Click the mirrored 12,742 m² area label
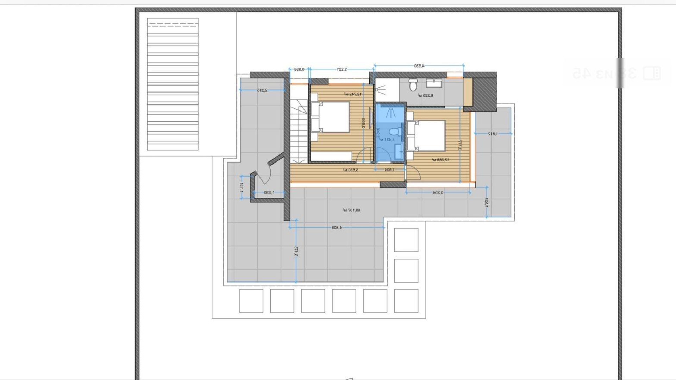(x=353, y=94)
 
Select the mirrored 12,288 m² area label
(x=440, y=160)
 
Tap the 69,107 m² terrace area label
(x=351, y=210)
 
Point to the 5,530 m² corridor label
(x=351, y=170)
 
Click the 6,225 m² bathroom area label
(x=425, y=95)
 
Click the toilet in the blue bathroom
(x=395, y=132)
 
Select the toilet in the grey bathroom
(x=413, y=85)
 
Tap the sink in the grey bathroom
(x=434, y=83)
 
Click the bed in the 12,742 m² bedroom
(x=330, y=117)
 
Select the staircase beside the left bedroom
(x=299, y=130)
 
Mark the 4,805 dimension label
(x=337, y=228)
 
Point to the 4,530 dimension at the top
(x=419, y=66)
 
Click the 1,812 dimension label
(x=493, y=134)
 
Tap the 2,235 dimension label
(x=262, y=90)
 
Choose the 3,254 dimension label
(x=438, y=192)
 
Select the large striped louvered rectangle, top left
(x=173, y=84)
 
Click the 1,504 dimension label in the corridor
(x=390, y=170)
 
